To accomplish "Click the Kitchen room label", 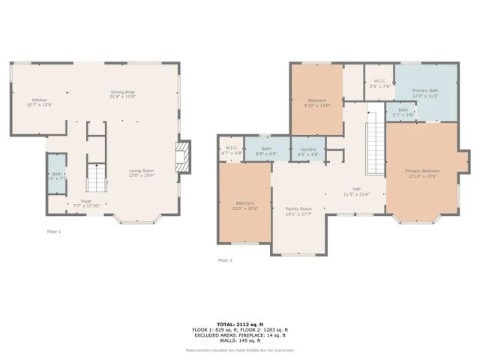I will click(40, 101).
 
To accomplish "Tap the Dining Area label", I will click(121, 94).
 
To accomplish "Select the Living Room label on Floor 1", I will click(141, 173).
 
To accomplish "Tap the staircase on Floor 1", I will click(94, 178).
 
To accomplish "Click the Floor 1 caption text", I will click(54, 232).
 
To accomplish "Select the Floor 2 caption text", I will click(225, 260).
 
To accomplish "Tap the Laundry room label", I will click(307, 151).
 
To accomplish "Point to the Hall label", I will click(357, 191).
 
